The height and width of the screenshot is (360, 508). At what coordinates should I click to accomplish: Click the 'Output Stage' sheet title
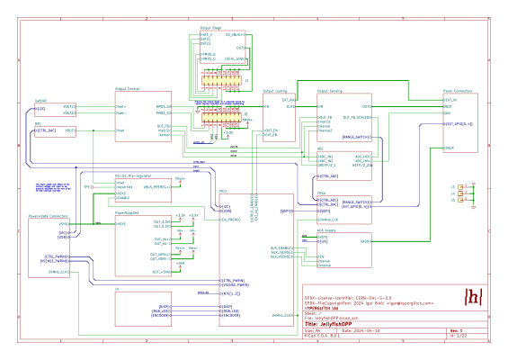click(210, 28)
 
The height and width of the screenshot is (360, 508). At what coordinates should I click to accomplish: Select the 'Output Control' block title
click(128, 89)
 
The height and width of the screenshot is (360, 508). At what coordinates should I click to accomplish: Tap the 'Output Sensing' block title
click(330, 90)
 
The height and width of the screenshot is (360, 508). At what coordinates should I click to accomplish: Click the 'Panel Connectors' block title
click(459, 90)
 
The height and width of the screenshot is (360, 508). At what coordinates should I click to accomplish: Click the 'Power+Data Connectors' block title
click(46, 217)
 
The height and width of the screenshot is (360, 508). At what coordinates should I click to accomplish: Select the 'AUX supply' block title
click(325, 230)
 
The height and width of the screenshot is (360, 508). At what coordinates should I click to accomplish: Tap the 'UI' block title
click(117, 287)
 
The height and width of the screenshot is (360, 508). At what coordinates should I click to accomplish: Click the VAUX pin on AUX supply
click(366, 241)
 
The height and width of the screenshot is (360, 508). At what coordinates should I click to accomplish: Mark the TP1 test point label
click(87, 186)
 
